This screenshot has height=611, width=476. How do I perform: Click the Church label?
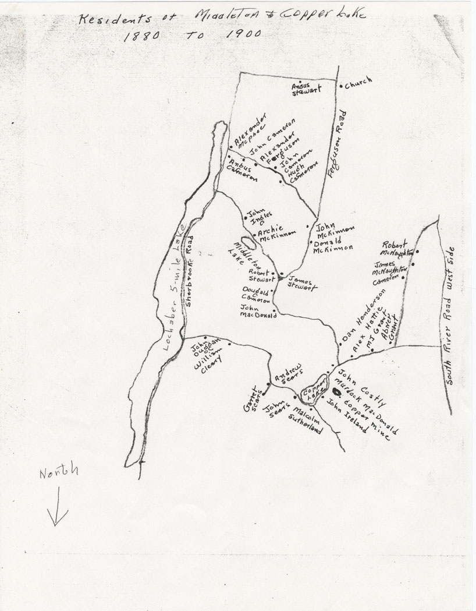[358, 83]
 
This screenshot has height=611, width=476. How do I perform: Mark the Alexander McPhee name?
[250, 133]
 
